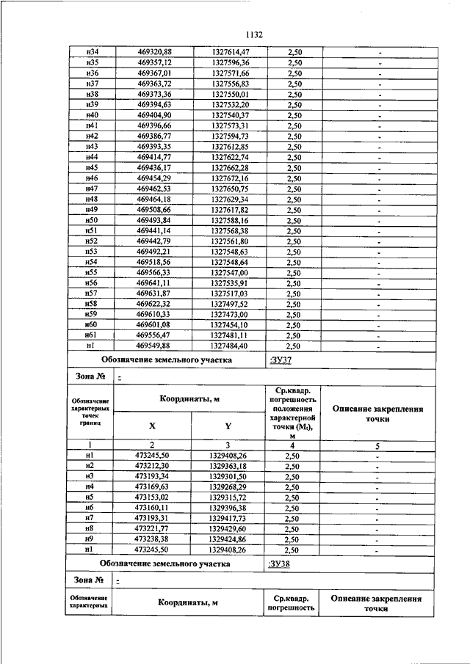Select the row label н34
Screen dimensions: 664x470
click(92, 51)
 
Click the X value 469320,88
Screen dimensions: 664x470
click(154, 51)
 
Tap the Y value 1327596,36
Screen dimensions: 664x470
click(229, 62)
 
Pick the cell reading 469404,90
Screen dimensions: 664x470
click(154, 115)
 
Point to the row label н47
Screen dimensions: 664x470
click(92, 189)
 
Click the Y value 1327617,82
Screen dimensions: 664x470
click(229, 210)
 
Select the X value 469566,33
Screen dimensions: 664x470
click(154, 272)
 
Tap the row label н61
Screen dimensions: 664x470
click(92, 335)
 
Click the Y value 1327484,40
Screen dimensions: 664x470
click(229, 346)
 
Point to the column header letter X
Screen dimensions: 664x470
click(152, 425)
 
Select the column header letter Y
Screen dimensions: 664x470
click(228, 425)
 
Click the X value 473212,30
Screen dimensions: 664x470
click(153, 466)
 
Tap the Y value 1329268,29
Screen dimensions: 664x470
click(228, 486)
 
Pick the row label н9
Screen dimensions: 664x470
click(90, 538)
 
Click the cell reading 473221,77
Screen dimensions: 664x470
click(153, 528)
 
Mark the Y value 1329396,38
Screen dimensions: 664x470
click(228, 507)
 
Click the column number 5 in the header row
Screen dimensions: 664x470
click(377, 445)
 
